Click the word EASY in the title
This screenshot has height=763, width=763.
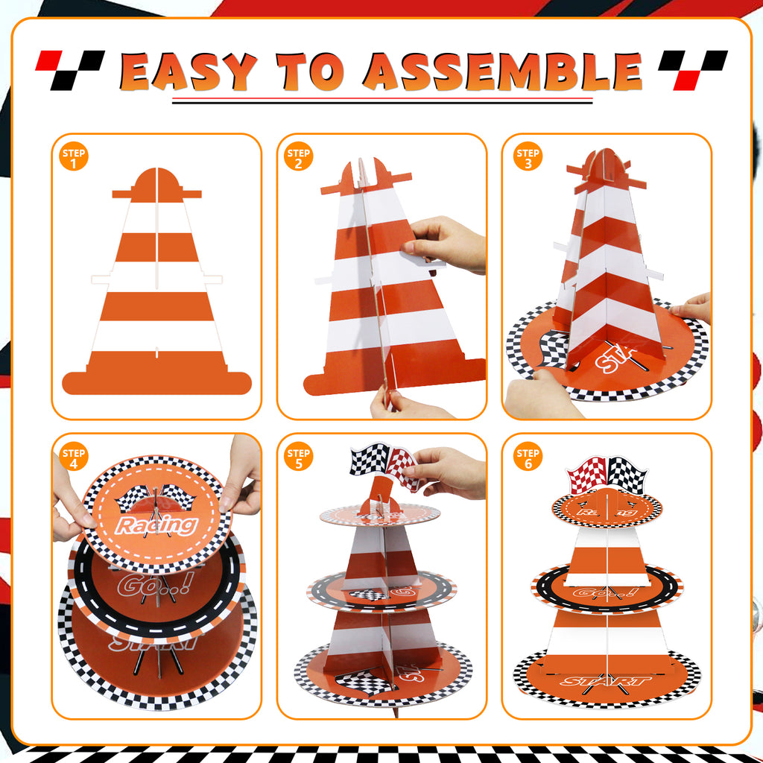click(188, 72)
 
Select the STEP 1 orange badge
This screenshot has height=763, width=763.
click(75, 157)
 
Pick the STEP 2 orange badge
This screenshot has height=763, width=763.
click(299, 157)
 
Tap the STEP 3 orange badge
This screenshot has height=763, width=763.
click(528, 157)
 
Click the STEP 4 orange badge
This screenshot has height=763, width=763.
click(75, 456)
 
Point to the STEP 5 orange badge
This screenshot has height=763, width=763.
click(299, 456)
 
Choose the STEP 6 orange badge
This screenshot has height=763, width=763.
click(528, 456)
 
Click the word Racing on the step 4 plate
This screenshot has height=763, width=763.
click(157, 525)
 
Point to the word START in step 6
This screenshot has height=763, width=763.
click(607, 680)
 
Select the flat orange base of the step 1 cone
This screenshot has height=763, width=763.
click(157, 383)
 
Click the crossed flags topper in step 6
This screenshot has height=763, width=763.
click(607, 475)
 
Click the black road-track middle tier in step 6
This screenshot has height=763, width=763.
click(607, 589)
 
